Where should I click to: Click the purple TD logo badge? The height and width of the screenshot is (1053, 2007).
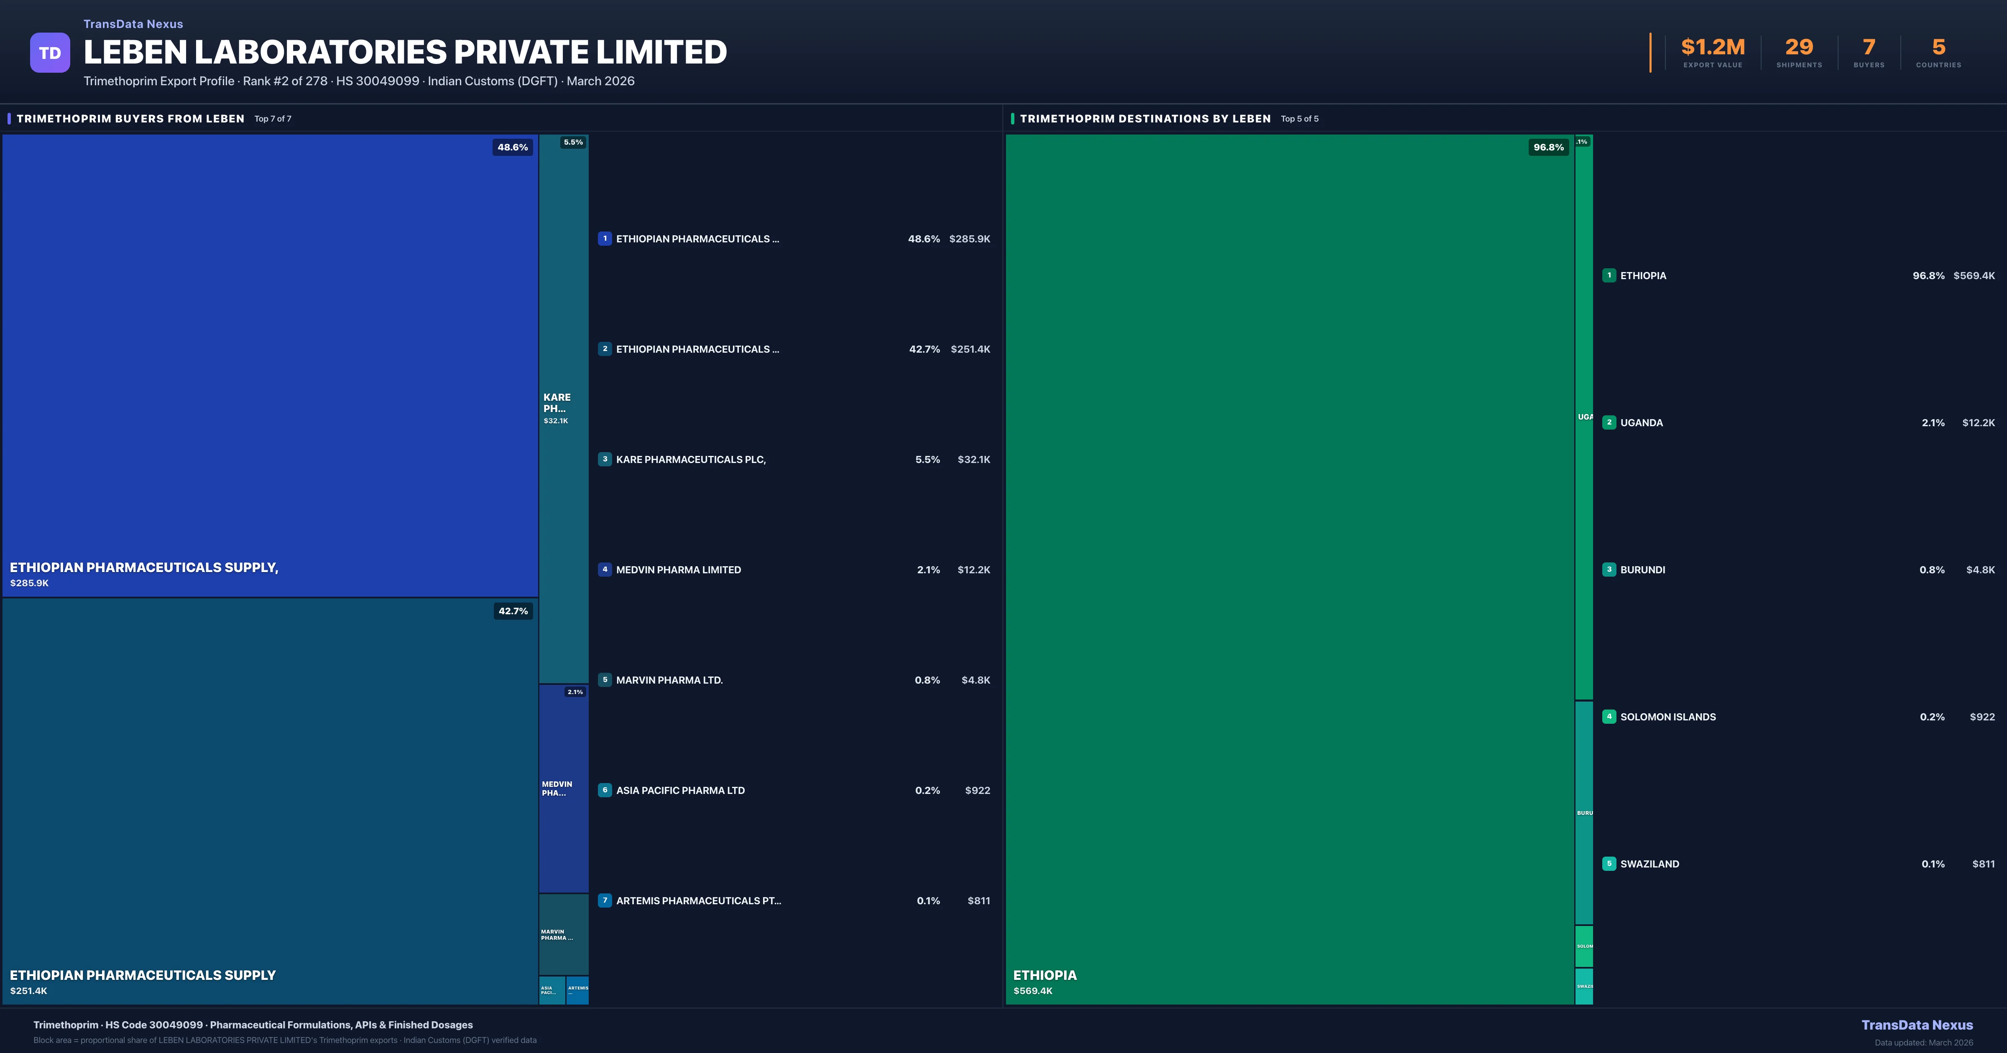[50, 53]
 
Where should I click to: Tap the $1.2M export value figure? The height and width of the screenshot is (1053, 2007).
[1713, 48]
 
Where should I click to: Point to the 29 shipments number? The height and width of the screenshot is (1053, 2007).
[1799, 48]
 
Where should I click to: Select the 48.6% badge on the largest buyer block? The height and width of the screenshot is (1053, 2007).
[513, 147]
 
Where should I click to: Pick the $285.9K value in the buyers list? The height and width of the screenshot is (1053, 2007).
[969, 239]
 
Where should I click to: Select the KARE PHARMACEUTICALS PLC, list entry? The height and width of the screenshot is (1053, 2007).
[690, 460]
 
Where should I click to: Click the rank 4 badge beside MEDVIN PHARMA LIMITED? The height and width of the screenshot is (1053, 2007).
[605, 570]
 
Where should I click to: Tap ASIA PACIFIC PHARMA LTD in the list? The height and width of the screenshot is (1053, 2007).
[680, 791]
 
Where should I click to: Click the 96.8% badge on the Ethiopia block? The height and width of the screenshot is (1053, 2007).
[1548, 147]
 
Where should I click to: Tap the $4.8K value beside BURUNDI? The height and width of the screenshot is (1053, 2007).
[1980, 570]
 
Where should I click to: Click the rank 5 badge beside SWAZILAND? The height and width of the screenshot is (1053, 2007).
[1609, 864]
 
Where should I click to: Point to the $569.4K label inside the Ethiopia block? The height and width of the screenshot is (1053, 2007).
[1032, 991]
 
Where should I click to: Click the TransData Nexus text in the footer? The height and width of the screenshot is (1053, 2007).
[1917, 1025]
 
